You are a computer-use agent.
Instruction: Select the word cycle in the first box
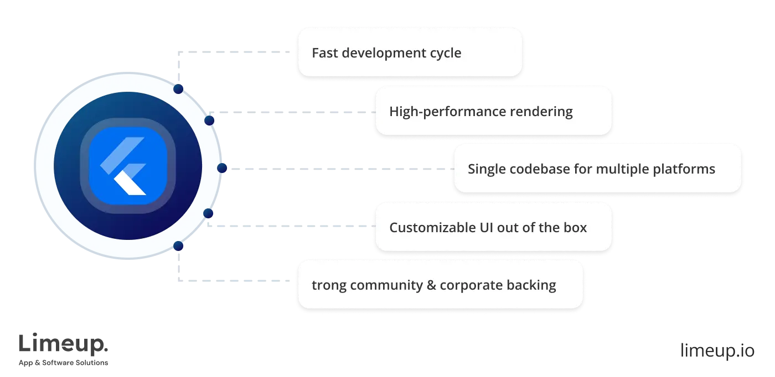pos(446,53)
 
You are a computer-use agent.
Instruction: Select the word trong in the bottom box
pos(328,285)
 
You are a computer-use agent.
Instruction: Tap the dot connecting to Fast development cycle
pos(178,88)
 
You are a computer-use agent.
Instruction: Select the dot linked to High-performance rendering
pos(209,120)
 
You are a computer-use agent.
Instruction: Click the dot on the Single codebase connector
pos(222,169)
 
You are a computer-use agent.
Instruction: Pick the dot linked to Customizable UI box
pos(209,213)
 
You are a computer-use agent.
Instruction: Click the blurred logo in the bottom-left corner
pos(64,348)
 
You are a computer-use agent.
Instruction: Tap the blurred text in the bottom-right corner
pos(717,350)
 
